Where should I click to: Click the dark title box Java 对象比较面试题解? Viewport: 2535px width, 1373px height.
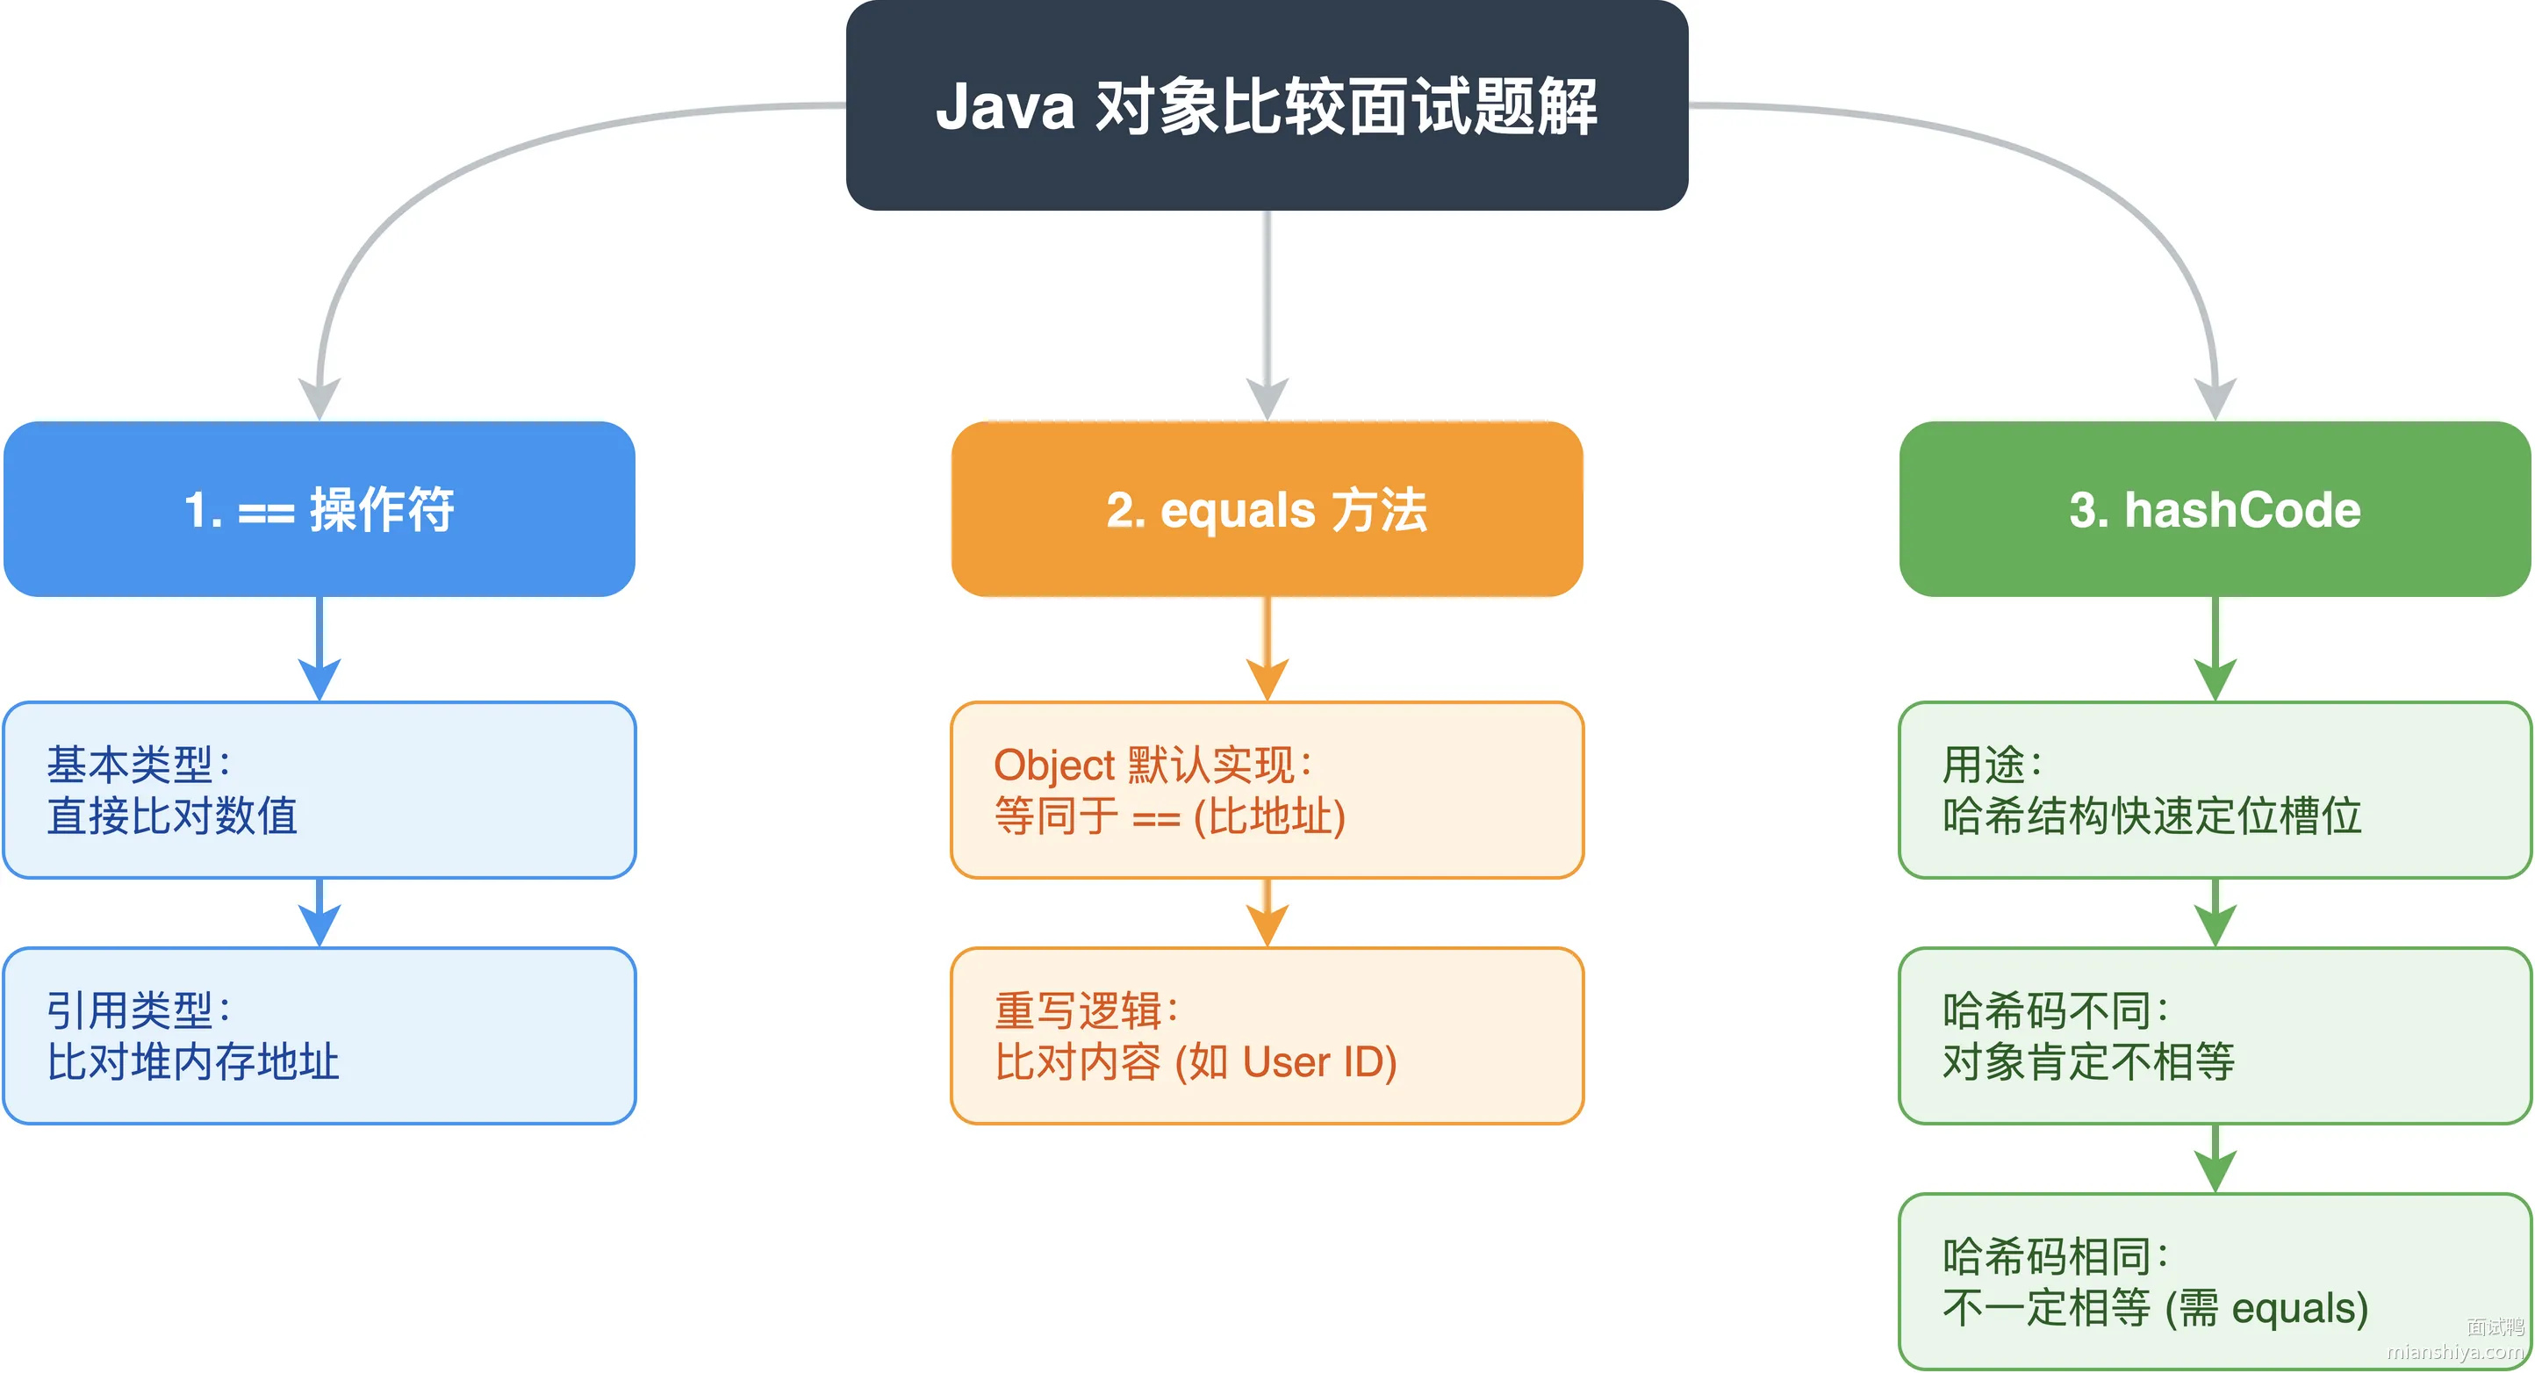point(1267,105)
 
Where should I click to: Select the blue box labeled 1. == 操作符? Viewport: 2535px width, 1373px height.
point(319,509)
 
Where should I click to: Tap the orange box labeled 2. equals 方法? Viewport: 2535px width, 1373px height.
point(1267,509)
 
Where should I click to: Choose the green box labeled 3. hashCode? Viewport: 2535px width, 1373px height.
point(2215,509)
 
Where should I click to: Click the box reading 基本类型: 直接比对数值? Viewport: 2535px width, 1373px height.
point(319,789)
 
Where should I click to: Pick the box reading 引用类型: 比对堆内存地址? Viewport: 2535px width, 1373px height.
point(319,1035)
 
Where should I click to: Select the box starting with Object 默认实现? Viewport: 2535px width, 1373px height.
point(1267,789)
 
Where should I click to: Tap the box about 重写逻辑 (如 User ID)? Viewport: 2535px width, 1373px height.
point(1267,1035)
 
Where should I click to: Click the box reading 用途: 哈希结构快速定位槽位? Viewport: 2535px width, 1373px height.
point(2215,789)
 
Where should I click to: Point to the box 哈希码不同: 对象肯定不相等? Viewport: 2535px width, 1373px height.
point(2215,1035)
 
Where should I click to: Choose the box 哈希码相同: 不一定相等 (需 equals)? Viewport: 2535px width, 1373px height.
point(2215,1282)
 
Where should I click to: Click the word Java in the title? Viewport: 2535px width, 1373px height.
point(1005,106)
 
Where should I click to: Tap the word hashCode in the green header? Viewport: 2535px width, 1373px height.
point(2243,510)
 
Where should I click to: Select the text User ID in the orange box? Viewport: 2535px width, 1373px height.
point(1314,1062)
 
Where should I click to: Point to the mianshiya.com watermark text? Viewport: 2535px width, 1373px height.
point(2455,1352)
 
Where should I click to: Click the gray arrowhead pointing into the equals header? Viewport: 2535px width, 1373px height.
point(1267,399)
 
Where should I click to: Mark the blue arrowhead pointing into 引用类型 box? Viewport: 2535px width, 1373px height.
point(319,926)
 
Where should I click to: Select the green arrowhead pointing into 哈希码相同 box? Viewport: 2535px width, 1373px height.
point(2215,1172)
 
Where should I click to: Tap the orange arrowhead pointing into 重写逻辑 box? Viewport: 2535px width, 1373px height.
point(1267,926)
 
